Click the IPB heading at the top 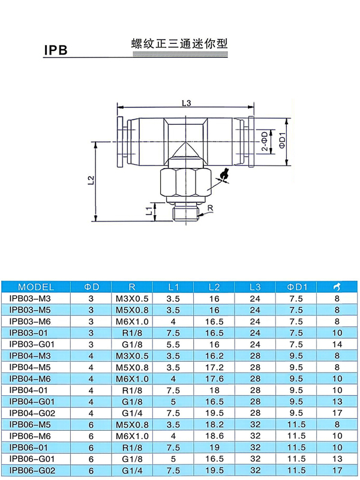pos(56,50)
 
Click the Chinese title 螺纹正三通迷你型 pos(179,43)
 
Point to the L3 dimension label pos(186,103)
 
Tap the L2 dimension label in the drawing pos(91,180)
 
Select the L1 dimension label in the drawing pos(149,211)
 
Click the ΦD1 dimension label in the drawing pos(282,140)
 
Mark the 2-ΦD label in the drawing pos(265,141)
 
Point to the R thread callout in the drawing pos(210,208)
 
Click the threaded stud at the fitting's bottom pos(186,214)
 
